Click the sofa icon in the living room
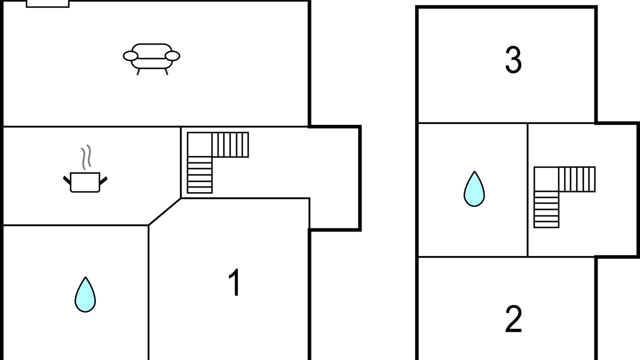point(151,57)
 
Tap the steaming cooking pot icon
point(85,181)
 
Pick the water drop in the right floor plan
point(474,189)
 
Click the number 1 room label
point(234,282)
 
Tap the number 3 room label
point(513,60)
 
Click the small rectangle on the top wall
point(47,3)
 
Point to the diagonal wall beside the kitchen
point(164,212)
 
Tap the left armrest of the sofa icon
point(130,56)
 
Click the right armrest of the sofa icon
point(172,56)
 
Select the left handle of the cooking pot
point(67,179)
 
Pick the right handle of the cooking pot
point(103,179)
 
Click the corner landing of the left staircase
point(199,144)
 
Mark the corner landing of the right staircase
point(546,179)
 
